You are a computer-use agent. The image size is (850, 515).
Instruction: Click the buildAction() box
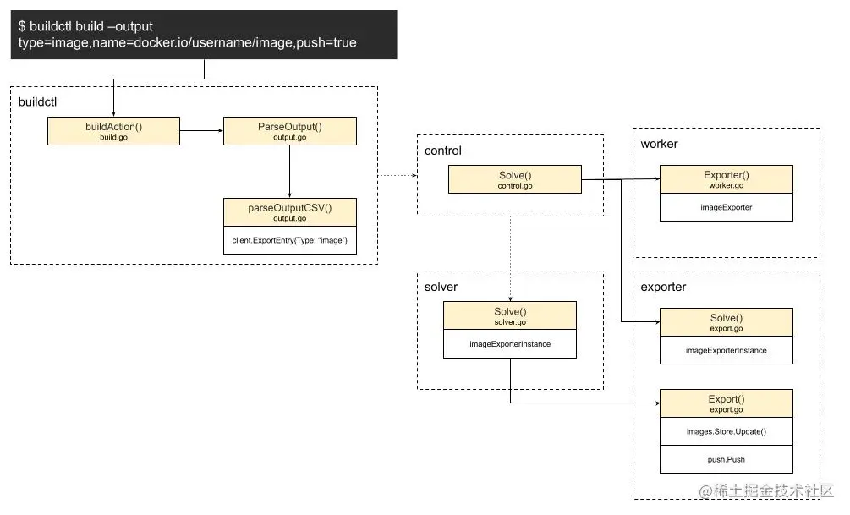pos(113,131)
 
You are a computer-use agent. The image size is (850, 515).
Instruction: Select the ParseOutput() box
pos(289,131)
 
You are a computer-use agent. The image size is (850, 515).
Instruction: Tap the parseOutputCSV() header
pos(289,211)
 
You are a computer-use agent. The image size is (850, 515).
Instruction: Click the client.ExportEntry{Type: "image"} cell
pos(289,240)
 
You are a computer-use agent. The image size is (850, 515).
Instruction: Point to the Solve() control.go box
pos(514,178)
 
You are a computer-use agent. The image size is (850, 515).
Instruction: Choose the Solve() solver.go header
pos(509,316)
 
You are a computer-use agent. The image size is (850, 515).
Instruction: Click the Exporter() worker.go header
pos(726,178)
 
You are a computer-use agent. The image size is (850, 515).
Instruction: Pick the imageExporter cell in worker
pos(726,206)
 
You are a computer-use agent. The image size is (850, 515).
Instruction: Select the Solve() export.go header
pos(726,321)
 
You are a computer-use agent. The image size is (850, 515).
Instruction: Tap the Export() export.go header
pos(726,403)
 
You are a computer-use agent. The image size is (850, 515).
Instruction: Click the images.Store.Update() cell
pos(726,431)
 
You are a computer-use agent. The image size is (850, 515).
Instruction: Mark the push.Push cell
pos(726,459)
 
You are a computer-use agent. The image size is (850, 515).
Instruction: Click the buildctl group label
pos(38,101)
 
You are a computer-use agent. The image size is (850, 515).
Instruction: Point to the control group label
pos(443,151)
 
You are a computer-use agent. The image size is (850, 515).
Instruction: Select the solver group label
pos(441,287)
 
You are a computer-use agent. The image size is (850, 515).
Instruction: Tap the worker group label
pos(659,144)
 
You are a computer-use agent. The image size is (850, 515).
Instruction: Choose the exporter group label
pos(663,287)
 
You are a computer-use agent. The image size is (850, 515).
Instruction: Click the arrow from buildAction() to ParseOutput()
pos(201,131)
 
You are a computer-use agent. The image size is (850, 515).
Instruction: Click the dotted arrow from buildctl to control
pos(397,176)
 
